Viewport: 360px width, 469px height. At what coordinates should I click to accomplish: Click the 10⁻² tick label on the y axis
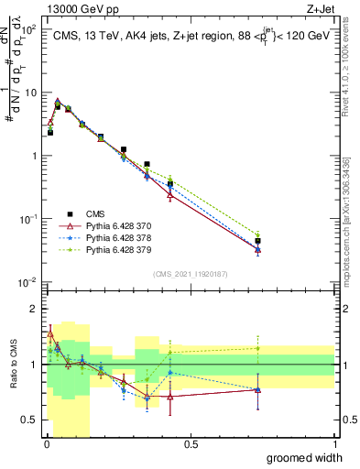coord(29,282)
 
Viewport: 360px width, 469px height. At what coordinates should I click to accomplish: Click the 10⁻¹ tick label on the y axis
coord(29,219)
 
